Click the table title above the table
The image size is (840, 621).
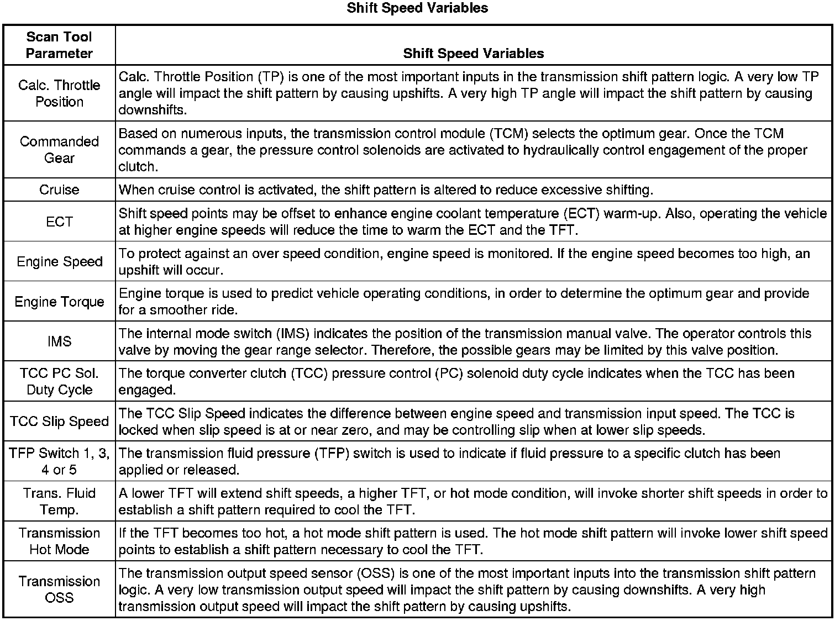(417, 8)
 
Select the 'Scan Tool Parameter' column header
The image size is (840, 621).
(59, 45)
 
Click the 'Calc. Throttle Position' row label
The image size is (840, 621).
(59, 93)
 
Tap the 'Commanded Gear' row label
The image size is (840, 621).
(59, 150)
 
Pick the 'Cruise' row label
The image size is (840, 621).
(59, 190)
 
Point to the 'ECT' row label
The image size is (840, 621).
(59, 222)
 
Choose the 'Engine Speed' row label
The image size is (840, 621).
(59, 261)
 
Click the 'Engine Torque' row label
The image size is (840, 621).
(59, 302)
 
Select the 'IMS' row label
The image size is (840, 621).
(59, 341)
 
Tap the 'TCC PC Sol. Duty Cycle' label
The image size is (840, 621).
(59, 381)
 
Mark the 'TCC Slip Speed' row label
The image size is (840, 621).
(59, 422)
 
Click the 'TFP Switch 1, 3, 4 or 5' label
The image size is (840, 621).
(59, 461)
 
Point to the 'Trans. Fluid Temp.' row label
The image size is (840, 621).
(59, 501)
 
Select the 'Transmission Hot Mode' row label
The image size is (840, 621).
(59, 541)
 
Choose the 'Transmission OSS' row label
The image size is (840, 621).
(59, 590)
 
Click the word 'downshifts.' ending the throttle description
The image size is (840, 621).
(153, 110)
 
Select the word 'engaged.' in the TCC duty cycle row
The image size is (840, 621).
(147, 390)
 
